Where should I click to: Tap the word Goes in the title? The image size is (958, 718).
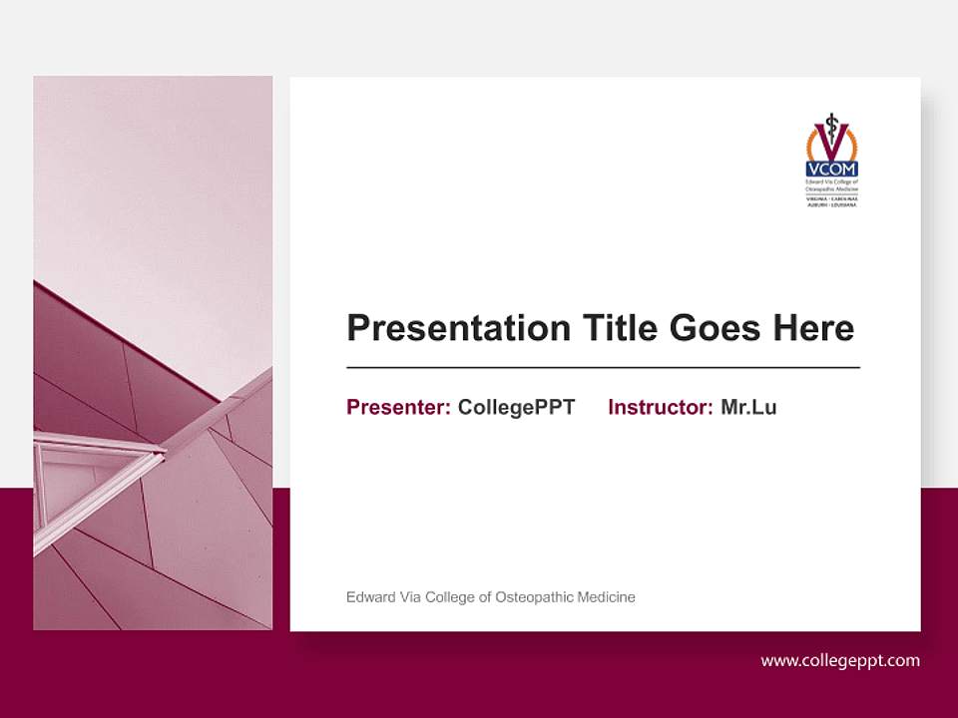coord(718,327)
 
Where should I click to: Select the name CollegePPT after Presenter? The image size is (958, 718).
coord(516,407)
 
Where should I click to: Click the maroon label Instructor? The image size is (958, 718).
coord(660,407)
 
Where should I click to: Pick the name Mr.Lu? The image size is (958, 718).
coord(748,407)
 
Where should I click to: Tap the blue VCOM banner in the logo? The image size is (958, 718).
coord(831,170)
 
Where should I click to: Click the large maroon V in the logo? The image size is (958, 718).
coord(831,141)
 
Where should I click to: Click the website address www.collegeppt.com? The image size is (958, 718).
coord(840,660)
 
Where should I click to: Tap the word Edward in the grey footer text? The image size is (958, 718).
coord(367,597)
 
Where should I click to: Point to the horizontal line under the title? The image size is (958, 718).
coord(603,368)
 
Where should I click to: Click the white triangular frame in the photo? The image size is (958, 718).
coord(95,464)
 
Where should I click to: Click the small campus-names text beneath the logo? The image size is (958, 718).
coord(831,201)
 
